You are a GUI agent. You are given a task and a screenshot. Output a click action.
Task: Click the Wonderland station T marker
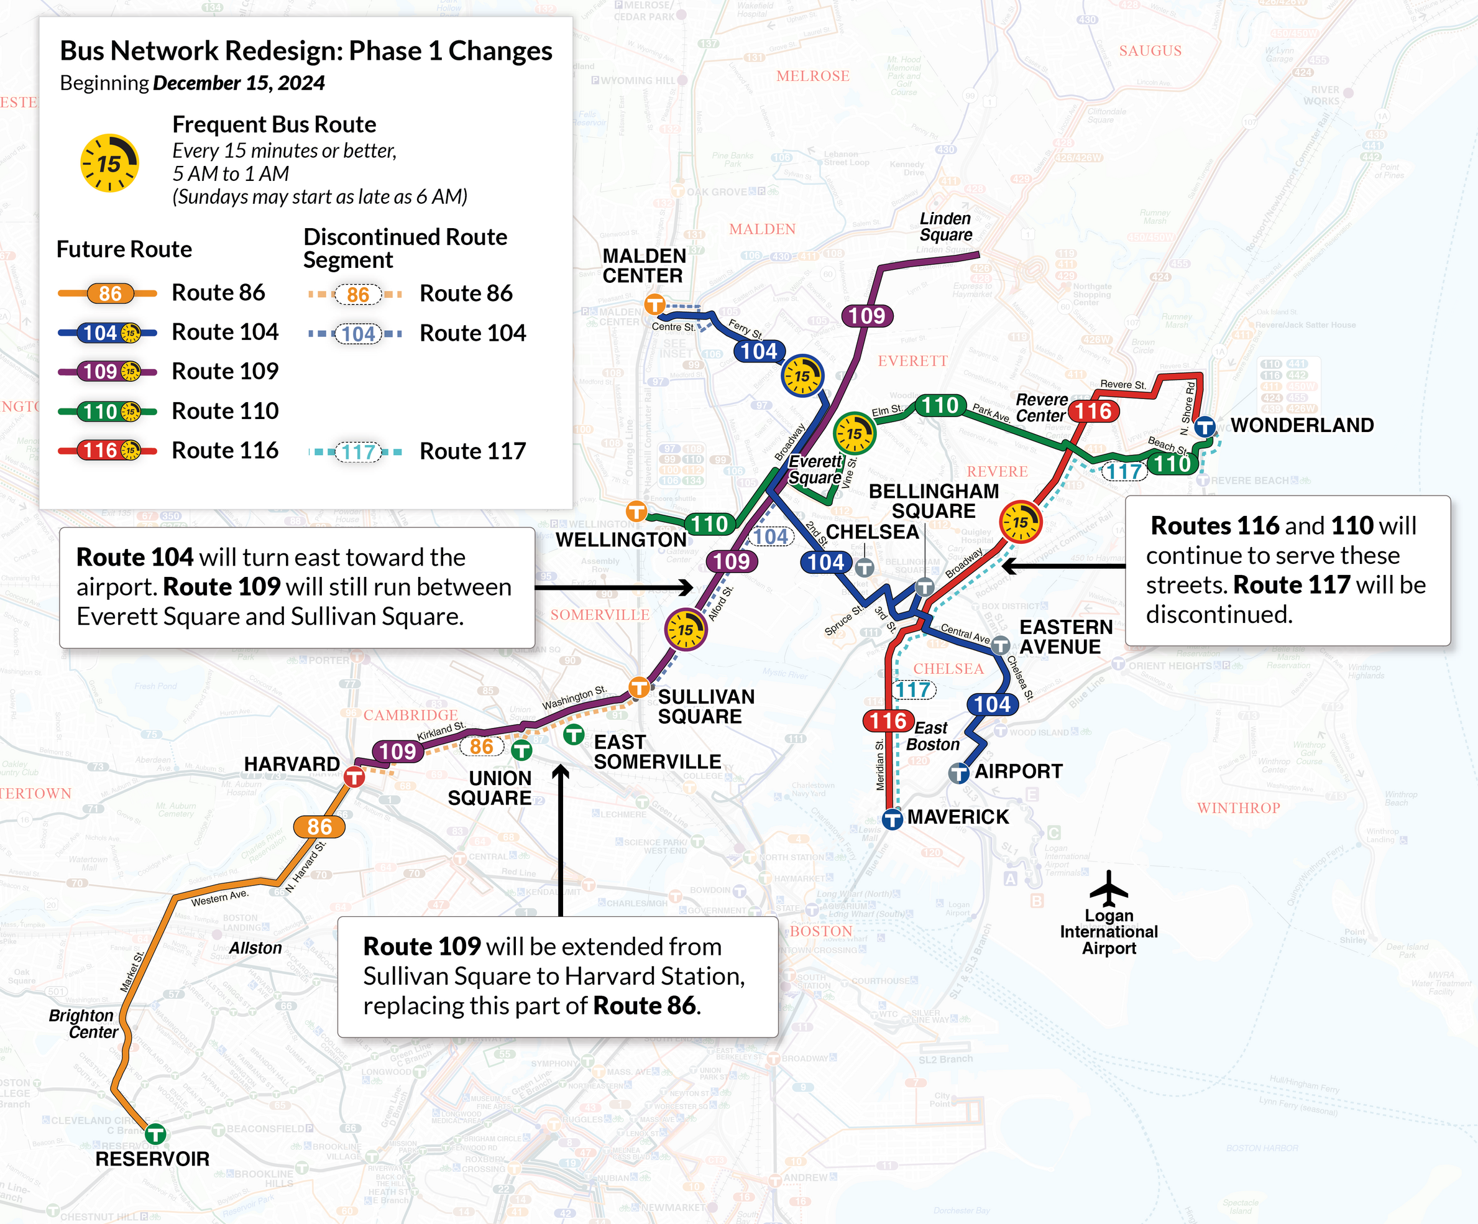click(x=1205, y=426)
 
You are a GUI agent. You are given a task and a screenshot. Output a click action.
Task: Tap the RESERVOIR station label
click(x=152, y=1159)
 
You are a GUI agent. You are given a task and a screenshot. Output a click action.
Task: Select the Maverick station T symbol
click(x=893, y=819)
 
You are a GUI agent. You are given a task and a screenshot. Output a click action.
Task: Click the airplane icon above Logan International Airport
click(x=1109, y=888)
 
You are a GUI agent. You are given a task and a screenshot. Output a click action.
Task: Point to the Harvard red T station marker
click(x=354, y=777)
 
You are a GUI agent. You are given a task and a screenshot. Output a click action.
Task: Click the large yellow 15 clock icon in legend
click(x=109, y=163)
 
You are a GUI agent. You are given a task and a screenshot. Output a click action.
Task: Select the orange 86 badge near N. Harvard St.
click(x=319, y=826)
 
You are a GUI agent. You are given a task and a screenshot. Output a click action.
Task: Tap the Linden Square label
click(x=945, y=227)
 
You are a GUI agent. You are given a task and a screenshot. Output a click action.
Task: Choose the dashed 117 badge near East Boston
click(x=914, y=690)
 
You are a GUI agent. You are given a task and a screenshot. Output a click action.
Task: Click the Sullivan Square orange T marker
click(x=639, y=686)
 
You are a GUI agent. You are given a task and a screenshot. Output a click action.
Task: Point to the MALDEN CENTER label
click(x=643, y=265)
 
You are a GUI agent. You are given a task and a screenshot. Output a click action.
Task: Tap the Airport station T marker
click(x=958, y=773)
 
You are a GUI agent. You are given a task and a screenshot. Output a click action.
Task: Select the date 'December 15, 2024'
click(x=239, y=83)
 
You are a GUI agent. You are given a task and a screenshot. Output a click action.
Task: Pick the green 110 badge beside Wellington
click(x=709, y=523)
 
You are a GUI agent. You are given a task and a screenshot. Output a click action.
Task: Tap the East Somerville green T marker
click(x=574, y=735)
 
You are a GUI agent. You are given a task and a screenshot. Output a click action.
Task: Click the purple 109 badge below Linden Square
click(x=867, y=315)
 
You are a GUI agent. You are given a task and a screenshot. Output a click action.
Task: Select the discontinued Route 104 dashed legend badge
click(x=357, y=334)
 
